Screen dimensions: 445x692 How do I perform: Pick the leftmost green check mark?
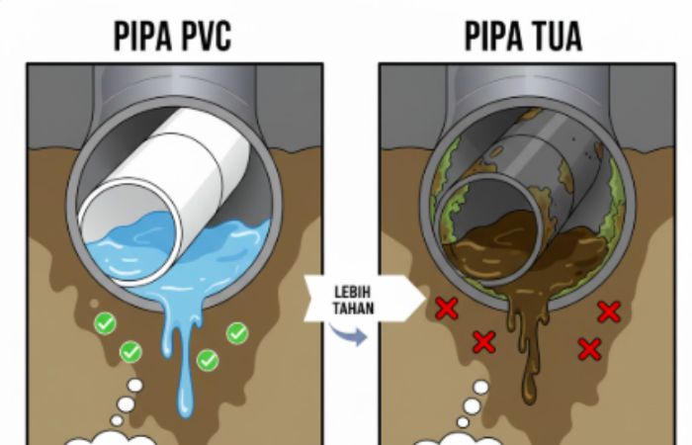pyautogui.click(x=105, y=322)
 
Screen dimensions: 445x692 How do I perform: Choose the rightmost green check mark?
pyautogui.click(x=237, y=333)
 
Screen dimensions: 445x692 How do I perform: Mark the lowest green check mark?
pyautogui.click(x=208, y=360)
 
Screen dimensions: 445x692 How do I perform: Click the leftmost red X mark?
pyautogui.click(x=447, y=308)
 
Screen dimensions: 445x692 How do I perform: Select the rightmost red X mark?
pyautogui.click(x=608, y=311)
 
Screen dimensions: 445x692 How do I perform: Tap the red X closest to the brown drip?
pyautogui.click(x=483, y=342)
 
